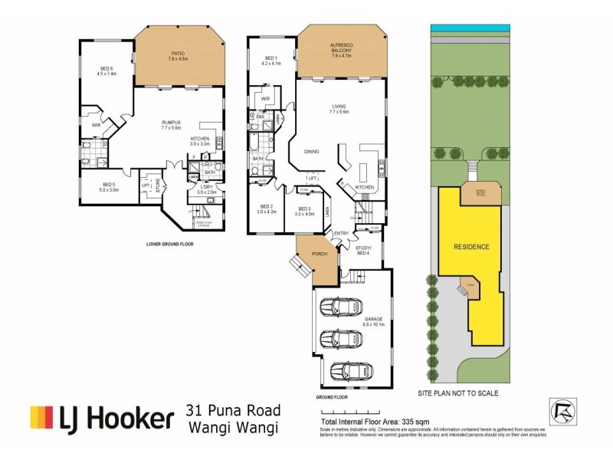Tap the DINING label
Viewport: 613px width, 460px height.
[x=311, y=151]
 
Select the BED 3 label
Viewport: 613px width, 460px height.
[x=304, y=211]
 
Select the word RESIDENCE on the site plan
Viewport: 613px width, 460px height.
[x=471, y=247]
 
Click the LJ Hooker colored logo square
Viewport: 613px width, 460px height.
[x=41, y=417]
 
